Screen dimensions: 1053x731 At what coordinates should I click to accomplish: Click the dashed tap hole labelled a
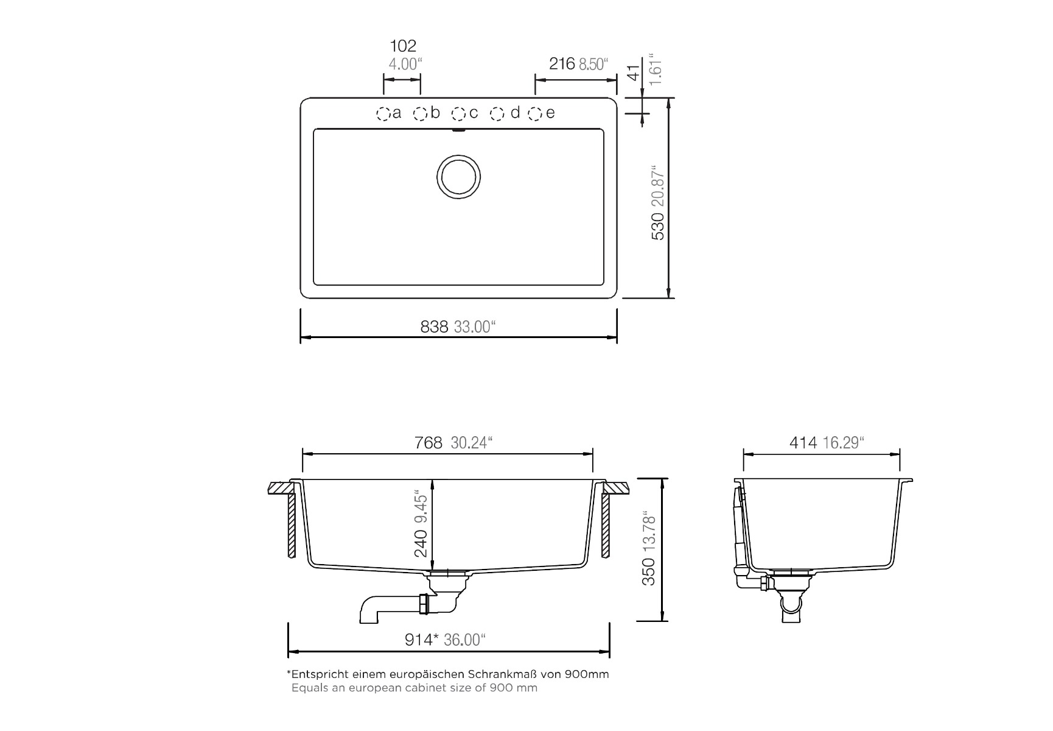tap(383, 114)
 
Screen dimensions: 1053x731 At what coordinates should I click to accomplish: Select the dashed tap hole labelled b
tap(421, 114)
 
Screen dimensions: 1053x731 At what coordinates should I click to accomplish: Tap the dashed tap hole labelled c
tap(459, 114)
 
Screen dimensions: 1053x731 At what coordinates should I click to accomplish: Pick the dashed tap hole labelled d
tap(498, 114)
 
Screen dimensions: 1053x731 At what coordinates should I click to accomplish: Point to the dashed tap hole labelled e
tap(536, 114)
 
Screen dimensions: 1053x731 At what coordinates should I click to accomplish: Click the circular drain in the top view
tap(458, 176)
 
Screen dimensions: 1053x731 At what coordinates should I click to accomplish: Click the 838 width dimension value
tap(434, 327)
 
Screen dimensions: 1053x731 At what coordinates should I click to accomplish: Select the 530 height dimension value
tap(658, 225)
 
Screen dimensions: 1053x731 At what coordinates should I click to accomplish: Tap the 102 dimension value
tap(403, 46)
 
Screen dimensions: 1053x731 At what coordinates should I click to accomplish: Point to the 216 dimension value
tap(562, 63)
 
